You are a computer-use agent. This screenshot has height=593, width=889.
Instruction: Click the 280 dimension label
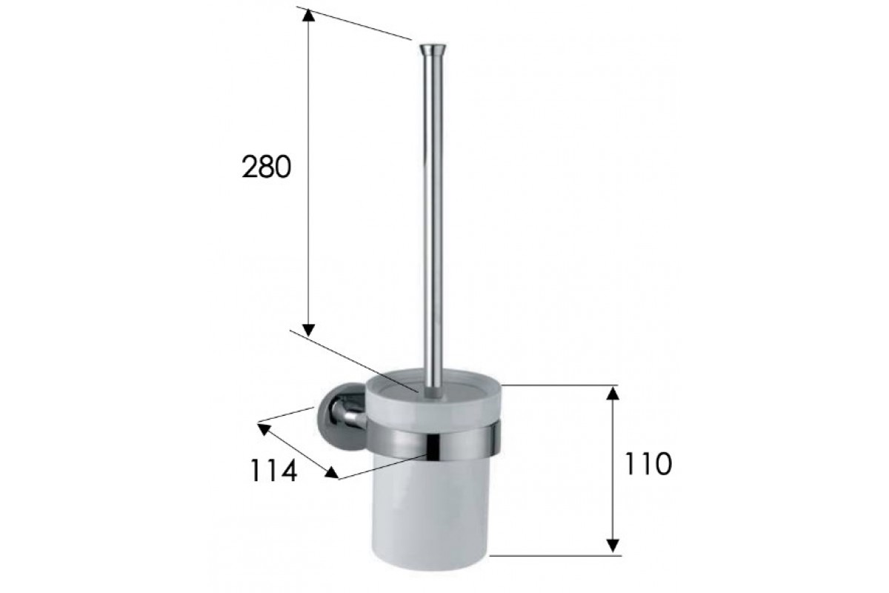pos(266,168)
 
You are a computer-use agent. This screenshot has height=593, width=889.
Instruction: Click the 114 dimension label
pos(273,471)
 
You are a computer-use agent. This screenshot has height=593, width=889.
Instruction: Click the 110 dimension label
pos(648,464)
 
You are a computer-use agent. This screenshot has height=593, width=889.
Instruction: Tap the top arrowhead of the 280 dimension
pos(308,15)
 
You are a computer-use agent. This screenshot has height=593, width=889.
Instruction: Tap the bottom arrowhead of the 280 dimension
pos(308,330)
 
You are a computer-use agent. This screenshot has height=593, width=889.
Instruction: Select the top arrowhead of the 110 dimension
pos(613,393)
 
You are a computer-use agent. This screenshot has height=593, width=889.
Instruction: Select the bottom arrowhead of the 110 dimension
pos(613,546)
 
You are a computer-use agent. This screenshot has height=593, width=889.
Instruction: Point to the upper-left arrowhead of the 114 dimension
pos(264,429)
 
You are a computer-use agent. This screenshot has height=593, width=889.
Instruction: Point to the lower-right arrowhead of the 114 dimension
pos(332,473)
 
